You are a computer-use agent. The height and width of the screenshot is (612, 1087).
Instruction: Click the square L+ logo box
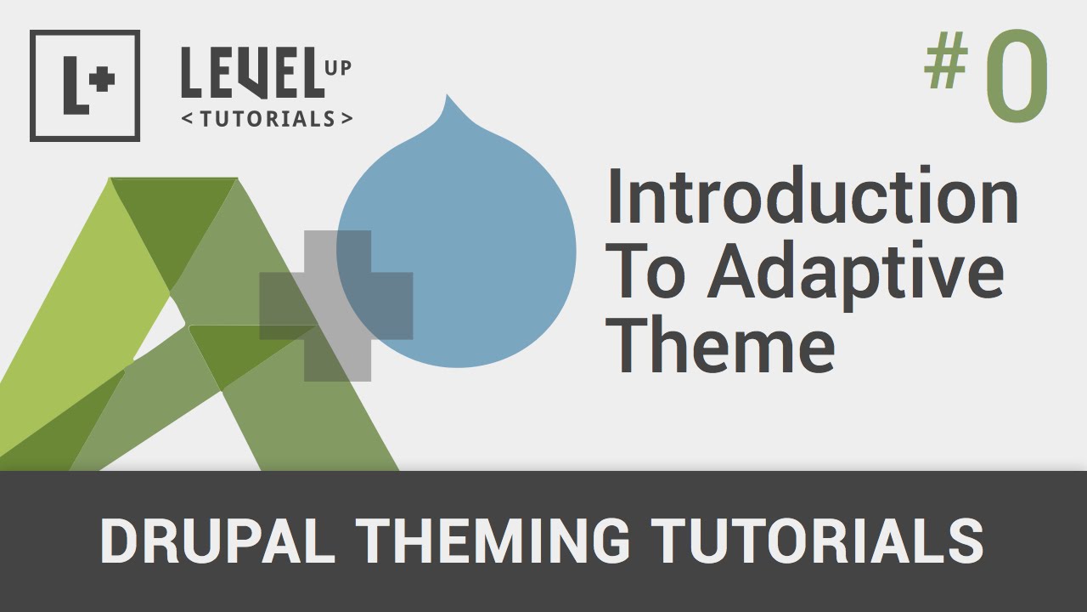click(x=85, y=86)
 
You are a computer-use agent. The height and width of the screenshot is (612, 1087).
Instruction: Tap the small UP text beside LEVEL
click(x=337, y=68)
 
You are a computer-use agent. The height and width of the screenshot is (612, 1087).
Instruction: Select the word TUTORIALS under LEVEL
click(x=267, y=119)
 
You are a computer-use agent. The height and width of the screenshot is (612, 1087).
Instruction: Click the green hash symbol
click(x=947, y=65)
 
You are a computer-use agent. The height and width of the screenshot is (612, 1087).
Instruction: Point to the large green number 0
click(x=1017, y=76)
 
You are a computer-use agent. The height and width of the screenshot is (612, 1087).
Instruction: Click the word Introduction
click(x=812, y=197)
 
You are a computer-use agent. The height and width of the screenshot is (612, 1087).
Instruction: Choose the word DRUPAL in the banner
click(x=217, y=541)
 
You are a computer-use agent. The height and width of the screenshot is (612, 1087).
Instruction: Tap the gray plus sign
click(x=337, y=305)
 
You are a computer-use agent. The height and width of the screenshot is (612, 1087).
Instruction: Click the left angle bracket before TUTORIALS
click(x=187, y=120)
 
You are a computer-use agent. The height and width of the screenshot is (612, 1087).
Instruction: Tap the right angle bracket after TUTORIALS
click(x=346, y=120)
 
